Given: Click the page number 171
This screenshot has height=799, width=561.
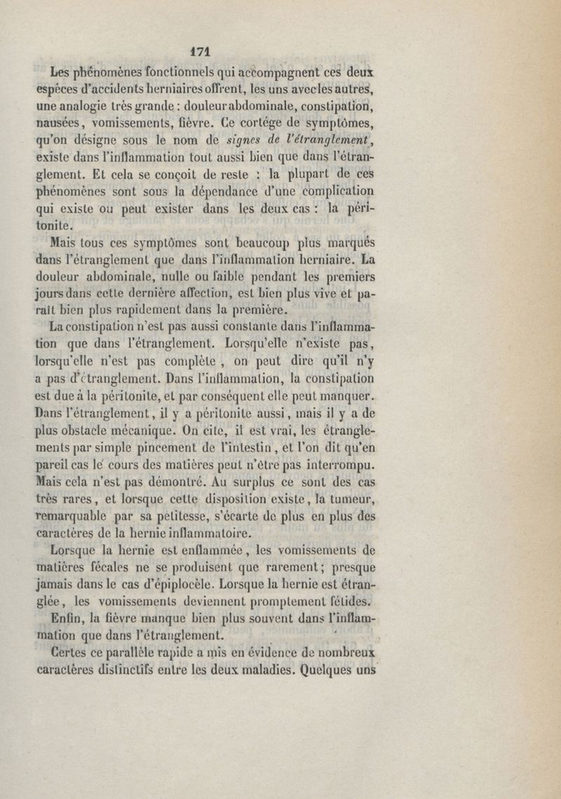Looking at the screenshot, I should pos(201,50).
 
